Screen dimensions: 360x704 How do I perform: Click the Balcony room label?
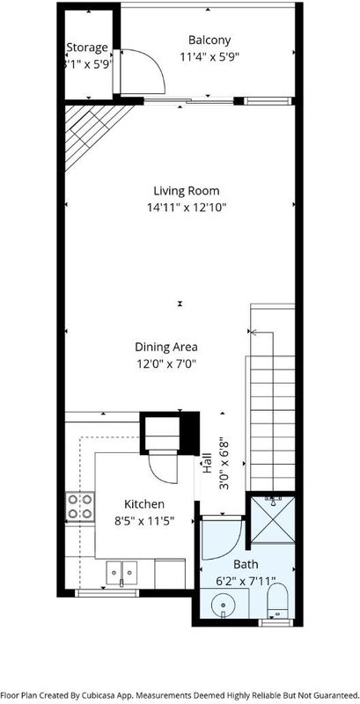click(x=209, y=40)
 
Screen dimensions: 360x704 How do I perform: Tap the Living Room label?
click(x=187, y=191)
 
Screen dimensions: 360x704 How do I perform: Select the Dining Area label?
click(x=166, y=347)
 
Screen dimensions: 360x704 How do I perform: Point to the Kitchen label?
click(x=144, y=504)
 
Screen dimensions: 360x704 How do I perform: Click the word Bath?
click(x=245, y=564)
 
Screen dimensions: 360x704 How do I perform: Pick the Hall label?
click(x=208, y=464)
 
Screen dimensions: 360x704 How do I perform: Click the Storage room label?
click(x=87, y=48)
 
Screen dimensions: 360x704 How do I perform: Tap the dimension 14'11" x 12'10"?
click(x=187, y=208)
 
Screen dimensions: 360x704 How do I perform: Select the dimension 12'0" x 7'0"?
click(x=167, y=364)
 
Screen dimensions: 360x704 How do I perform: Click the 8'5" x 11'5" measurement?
click(x=144, y=521)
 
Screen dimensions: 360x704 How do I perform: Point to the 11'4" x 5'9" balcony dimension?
click(x=209, y=57)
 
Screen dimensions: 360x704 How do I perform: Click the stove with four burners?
click(x=80, y=507)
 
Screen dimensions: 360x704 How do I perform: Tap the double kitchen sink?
click(x=121, y=573)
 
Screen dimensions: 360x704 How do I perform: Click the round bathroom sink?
click(x=223, y=605)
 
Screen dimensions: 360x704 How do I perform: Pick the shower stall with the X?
click(x=273, y=520)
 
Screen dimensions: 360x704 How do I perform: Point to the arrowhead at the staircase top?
click(x=253, y=333)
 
